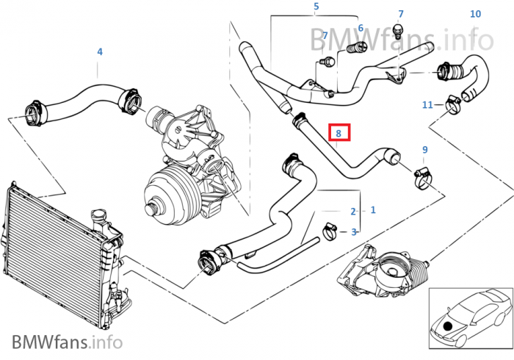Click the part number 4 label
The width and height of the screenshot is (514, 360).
click(x=100, y=51)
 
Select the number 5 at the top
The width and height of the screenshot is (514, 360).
click(x=316, y=7)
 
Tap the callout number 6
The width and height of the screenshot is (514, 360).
click(x=361, y=28)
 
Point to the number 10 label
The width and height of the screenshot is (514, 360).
click(x=475, y=14)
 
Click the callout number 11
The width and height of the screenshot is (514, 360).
click(x=427, y=105)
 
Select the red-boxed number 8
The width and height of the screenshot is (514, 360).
click(x=339, y=133)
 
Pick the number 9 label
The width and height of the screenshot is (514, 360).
click(x=424, y=150)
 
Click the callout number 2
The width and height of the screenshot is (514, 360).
click(x=353, y=212)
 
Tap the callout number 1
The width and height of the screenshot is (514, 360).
click(x=373, y=209)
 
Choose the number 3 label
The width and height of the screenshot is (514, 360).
click(x=354, y=232)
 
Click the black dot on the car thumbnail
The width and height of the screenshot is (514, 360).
click(x=447, y=324)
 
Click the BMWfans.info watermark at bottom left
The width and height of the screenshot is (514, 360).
click(x=67, y=342)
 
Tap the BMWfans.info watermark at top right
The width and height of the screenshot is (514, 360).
click(x=400, y=36)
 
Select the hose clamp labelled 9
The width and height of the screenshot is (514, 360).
click(x=423, y=176)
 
